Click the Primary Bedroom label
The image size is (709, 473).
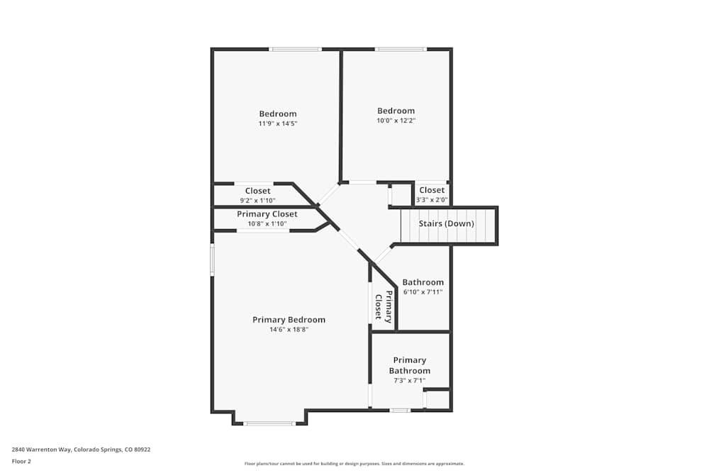coord(289,320)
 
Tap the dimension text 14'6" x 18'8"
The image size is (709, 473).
coord(289,329)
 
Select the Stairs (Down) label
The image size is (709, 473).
coord(447,223)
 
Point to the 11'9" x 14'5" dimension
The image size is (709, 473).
coord(277,123)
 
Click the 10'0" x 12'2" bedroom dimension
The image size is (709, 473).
coord(396,121)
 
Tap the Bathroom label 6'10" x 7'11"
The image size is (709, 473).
coord(423,282)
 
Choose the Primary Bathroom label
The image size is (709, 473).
coord(409,365)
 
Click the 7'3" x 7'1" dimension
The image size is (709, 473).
coord(409,381)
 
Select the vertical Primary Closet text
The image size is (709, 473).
coord(384,306)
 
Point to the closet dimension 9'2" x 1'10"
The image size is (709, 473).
coord(257,201)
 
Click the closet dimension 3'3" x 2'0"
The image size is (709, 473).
coord(432,200)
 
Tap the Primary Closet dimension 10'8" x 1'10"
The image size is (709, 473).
coord(267,223)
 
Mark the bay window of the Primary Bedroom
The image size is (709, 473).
coord(269,423)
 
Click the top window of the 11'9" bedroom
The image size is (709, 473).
coord(296,49)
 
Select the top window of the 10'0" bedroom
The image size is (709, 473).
coord(401,49)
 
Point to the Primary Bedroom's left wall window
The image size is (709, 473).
coord(212,260)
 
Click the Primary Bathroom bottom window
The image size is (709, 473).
coord(400,410)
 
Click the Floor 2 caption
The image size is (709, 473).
coord(21,461)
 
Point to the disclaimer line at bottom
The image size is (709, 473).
coord(354,463)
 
